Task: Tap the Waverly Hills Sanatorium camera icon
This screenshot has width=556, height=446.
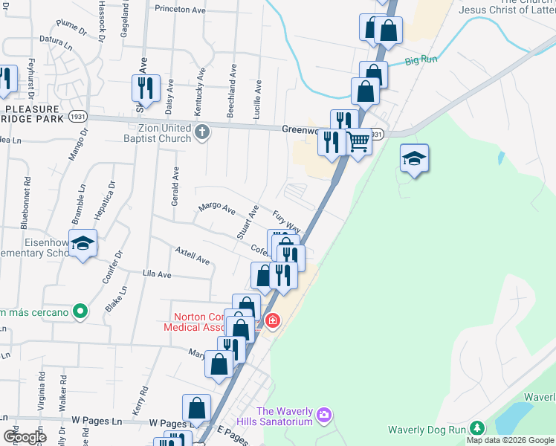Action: click(323, 414)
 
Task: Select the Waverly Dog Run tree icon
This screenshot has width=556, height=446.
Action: click(476, 428)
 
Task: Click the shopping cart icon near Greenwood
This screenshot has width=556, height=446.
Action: click(358, 140)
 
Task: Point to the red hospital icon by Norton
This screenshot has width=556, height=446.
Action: click(272, 321)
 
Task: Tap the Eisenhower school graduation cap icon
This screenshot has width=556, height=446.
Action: click(83, 242)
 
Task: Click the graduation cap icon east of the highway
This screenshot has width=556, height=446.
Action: click(414, 158)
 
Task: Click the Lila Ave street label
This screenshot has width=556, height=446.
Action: click(157, 275)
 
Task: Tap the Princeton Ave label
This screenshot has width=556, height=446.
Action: click(180, 10)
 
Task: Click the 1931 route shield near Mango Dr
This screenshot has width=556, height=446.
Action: click(77, 117)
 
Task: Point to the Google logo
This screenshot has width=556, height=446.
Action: click(25, 437)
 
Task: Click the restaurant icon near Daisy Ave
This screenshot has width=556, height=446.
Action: click(145, 88)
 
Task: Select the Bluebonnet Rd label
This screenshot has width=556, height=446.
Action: click(26, 201)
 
